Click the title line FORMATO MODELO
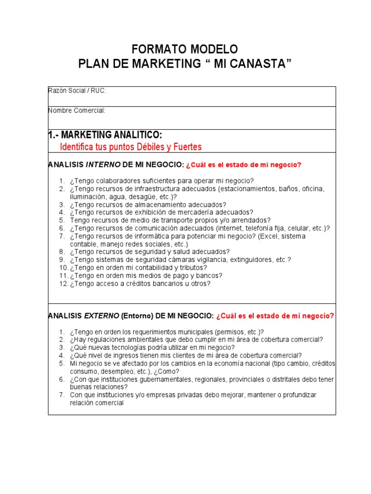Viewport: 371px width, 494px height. [185, 49]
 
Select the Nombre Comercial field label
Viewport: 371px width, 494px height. [77, 110]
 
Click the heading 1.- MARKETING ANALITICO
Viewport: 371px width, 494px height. [102, 134]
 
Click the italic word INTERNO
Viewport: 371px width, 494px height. [103, 165]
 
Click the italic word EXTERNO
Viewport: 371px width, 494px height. [102, 316]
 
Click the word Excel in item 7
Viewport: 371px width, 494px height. [268, 236]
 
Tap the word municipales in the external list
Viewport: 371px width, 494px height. [190, 332]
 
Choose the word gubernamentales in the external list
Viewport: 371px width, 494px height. [151, 379]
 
